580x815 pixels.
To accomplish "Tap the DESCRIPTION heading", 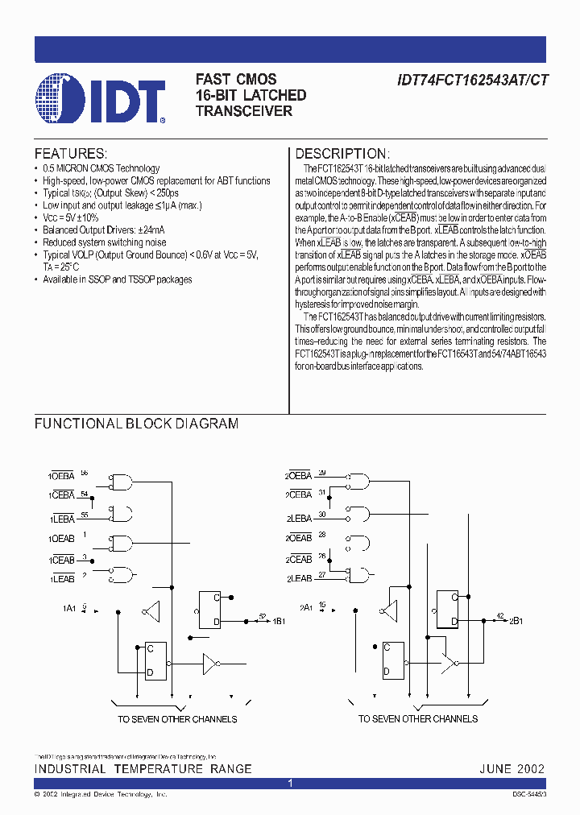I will [x=342, y=154].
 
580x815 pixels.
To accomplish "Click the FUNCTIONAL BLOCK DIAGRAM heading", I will [x=136, y=424].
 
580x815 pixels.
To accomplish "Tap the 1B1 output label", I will [x=279, y=621].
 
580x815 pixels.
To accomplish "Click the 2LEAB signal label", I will [x=300, y=579].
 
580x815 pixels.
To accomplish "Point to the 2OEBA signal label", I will [x=299, y=477].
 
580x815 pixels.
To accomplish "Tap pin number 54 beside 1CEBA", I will [x=85, y=493].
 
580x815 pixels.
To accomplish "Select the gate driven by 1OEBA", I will [x=122, y=482].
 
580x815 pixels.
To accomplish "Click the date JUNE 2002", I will [x=512, y=769].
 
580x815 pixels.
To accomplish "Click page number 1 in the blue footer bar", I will [x=290, y=783].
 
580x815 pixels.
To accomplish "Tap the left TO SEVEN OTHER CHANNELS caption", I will [x=177, y=718].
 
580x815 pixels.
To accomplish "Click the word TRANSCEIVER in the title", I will [x=244, y=111].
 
